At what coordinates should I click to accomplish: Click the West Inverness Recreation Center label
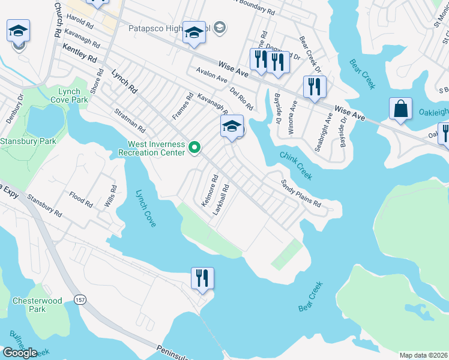156,148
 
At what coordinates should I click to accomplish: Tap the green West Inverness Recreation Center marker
194,146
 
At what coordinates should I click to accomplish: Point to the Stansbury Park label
28,142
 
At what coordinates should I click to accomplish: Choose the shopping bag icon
400,109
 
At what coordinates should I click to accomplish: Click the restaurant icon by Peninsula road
202,278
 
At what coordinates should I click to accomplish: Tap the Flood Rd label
80,199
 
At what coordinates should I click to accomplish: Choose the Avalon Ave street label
211,76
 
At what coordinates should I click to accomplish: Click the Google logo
20,353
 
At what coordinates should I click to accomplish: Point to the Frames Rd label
182,106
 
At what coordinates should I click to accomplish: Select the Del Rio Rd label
241,98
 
